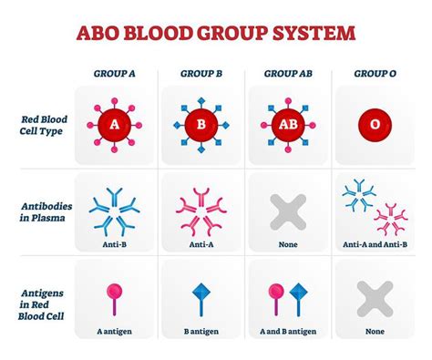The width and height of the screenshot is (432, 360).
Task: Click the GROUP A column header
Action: tap(114, 74)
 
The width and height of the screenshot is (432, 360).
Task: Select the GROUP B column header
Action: tap(201, 74)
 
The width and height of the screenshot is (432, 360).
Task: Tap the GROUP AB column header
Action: tap(288, 74)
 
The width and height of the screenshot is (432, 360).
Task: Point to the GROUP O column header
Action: tap(375, 74)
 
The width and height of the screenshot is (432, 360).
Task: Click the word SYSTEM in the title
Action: tap(314, 33)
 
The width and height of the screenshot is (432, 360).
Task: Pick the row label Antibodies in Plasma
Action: tap(46, 212)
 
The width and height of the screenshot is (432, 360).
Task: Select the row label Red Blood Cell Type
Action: tap(43, 125)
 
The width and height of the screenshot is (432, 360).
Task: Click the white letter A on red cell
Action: tap(114, 124)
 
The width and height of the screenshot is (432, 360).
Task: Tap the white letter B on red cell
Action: tap(201, 124)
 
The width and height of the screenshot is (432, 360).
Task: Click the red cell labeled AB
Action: tap(288, 125)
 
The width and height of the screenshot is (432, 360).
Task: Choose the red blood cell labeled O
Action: tap(375, 125)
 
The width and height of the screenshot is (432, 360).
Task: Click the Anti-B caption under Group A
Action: tap(114, 244)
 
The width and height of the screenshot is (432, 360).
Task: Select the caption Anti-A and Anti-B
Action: tap(375, 244)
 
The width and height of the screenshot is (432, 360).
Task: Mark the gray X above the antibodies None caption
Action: tap(288, 212)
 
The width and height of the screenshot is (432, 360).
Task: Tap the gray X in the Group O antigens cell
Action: tap(375, 299)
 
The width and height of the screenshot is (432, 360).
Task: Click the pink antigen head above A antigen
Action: tap(114, 292)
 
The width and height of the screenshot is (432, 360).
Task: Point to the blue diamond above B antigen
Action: tap(201, 292)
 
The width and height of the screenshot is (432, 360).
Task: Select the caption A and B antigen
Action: tap(288, 331)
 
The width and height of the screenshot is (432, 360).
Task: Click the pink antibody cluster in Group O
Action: tap(391, 220)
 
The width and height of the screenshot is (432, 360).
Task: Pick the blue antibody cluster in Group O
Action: tap(359, 195)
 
